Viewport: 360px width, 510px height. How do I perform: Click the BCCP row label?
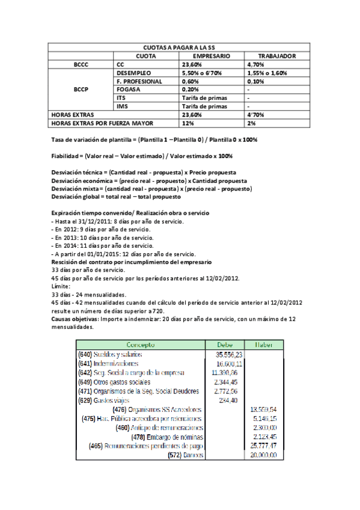click(81, 89)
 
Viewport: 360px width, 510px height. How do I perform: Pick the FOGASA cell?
click(129, 89)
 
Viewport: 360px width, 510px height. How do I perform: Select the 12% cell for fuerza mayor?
click(188, 123)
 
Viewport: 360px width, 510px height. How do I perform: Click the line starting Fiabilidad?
click(142, 156)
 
